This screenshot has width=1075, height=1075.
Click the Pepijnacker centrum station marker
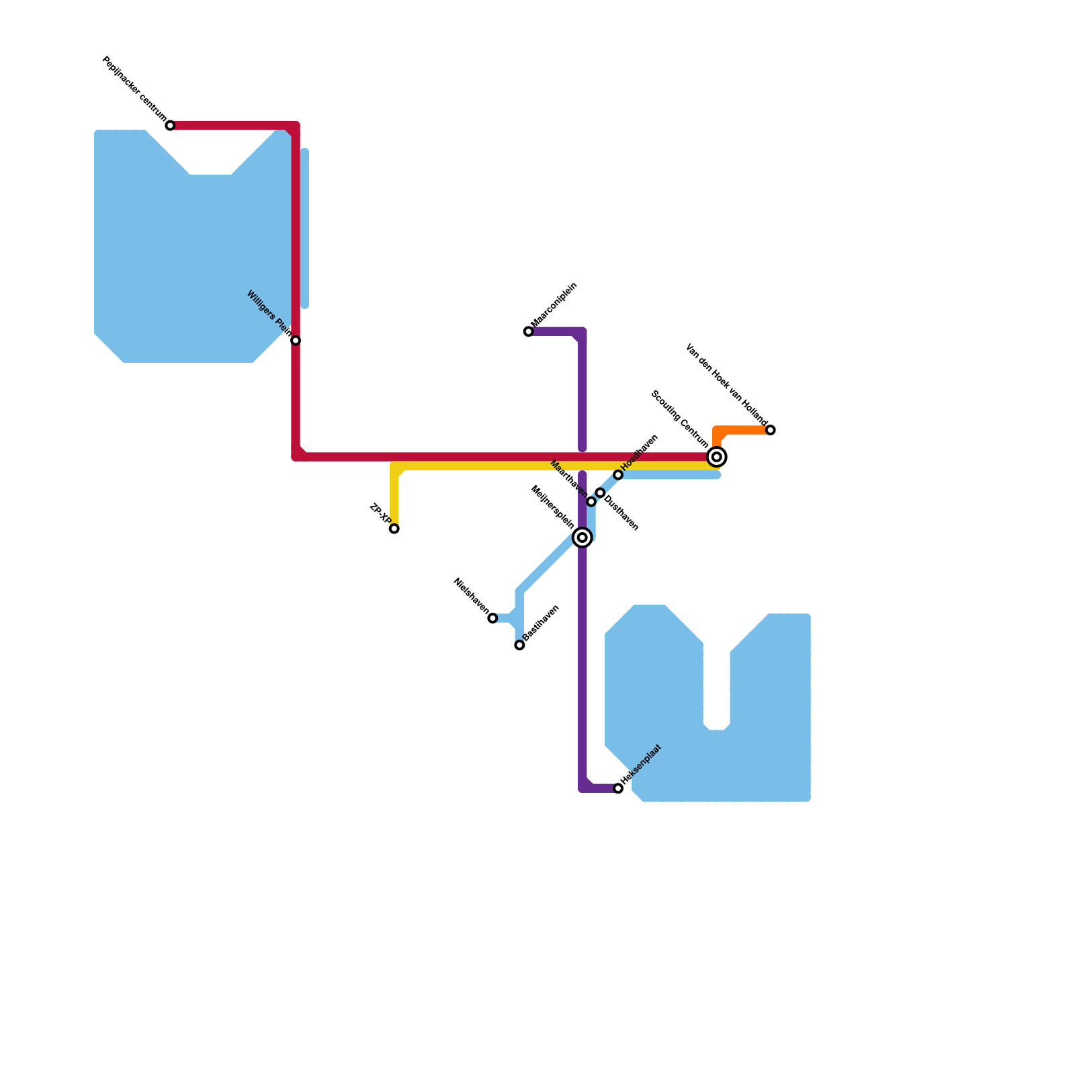pyautogui.click(x=171, y=126)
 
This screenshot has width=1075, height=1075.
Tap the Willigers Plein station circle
pyautogui.click(x=296, y=341)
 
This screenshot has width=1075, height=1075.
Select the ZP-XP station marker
pyautogui.click(x=394, y=529)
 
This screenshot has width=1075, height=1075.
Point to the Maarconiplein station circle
pyautogui.click(x=529, y=331)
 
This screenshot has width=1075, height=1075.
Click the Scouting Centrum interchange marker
pyautogui.click(x=717, y=457)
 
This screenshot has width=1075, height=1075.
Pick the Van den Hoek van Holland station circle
pyautogui.click(x=771, y=430)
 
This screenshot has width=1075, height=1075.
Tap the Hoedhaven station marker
pyautogui.click(x=618, y=475)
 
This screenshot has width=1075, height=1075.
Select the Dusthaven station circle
pyautogui.click(x=601, y=493)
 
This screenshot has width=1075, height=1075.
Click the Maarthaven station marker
pyautogui.click(x=591, y=502)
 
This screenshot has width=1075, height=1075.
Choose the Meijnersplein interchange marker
pyautogui.click(x=583, y=537)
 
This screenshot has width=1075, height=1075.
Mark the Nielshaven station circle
pyautogui.click(x=493, y=618)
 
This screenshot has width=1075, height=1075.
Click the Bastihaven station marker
pyautogui.click(x=520, y=645)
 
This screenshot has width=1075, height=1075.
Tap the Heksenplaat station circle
pyautogui.click(x=618, y=788)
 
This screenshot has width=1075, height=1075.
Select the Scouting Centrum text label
pyautogui.click(x=679, y=419)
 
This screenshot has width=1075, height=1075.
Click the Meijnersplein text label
pyautogui.click(x=552, y=507)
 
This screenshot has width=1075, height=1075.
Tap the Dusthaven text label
pyautogui.click(x=621, y=513)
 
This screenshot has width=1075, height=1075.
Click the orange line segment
pyautogui.click(x=742, y=430)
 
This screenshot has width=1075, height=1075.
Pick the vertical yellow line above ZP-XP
pyautogui.click(x=394, y=497)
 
